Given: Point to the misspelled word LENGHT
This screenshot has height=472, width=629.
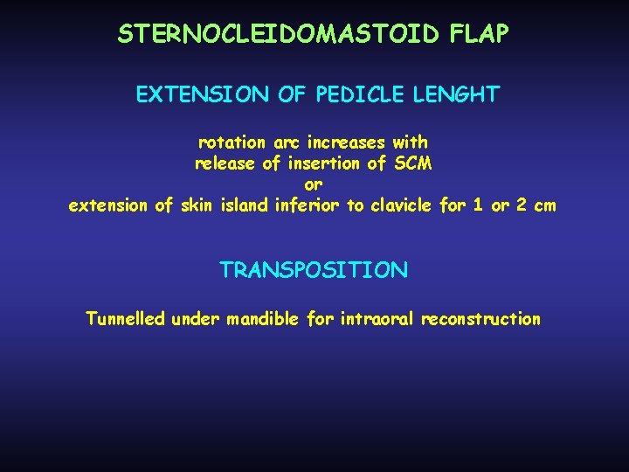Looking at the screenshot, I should tap(458, 94).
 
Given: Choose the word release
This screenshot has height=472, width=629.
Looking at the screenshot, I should tap(225, 163).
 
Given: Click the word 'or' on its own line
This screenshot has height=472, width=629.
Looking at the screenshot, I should tap(313, 184).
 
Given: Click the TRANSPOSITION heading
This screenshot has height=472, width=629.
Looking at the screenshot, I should tap(314, 270).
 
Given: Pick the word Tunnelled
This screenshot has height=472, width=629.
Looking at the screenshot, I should tap(124, 319).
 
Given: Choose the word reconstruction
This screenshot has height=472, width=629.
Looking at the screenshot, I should tap(480, 319).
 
